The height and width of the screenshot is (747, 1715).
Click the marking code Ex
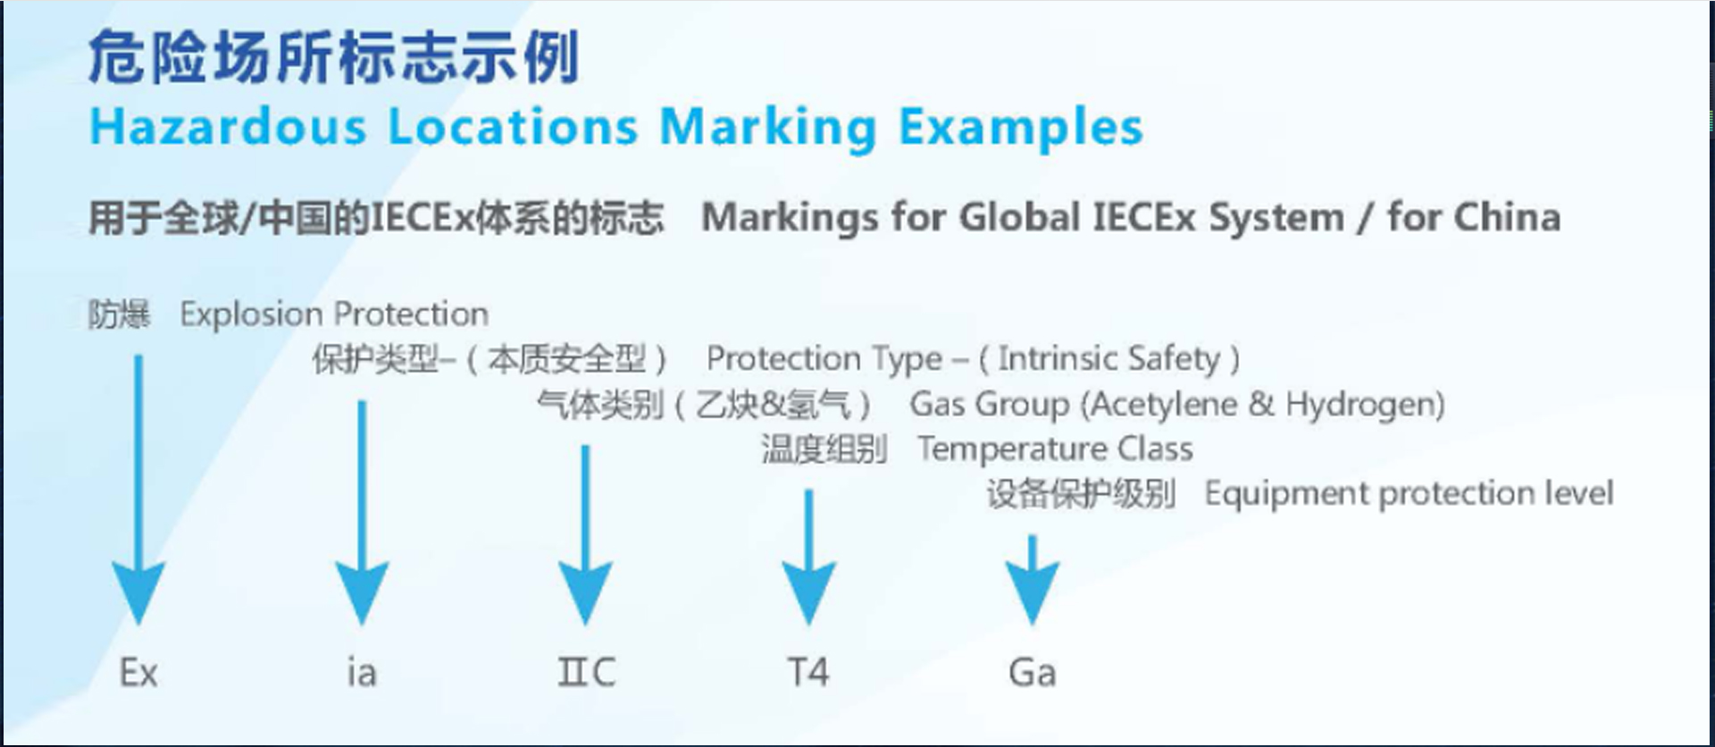coord(138,673)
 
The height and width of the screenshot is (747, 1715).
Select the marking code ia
coord(362,672)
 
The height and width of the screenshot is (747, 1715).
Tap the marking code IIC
coord(586,672)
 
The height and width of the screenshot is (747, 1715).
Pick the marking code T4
coord(808,672)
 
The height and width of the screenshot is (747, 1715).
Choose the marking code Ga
coord(1033,673)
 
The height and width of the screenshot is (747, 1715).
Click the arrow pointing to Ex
coord(138,490)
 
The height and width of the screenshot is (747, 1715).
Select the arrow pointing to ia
coord(362,512)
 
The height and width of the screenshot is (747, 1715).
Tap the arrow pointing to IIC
coord(586,534)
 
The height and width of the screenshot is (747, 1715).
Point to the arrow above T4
coord(809,557)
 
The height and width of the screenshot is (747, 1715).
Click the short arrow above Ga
coord(1033,579)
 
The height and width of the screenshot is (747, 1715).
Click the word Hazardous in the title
coord(229,126)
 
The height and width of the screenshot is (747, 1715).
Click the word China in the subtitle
coord(1507,217)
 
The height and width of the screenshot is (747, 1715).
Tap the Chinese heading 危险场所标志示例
coord(334,56)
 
